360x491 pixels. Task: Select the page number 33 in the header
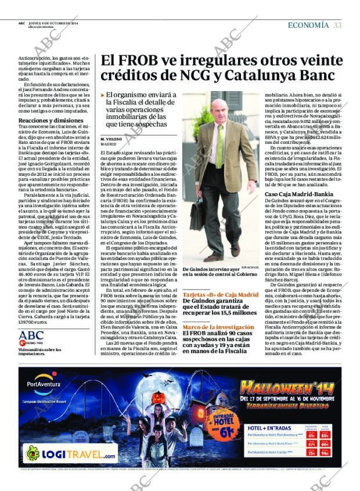point(337,25)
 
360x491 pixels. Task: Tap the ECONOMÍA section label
point(308,25)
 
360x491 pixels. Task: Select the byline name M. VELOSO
point(113,139)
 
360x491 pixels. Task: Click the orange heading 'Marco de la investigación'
point(218,327)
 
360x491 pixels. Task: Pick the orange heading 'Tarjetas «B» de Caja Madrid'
point(220,295)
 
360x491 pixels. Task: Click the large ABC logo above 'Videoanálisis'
point(31,335)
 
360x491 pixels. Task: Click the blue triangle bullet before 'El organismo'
point(103,95)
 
